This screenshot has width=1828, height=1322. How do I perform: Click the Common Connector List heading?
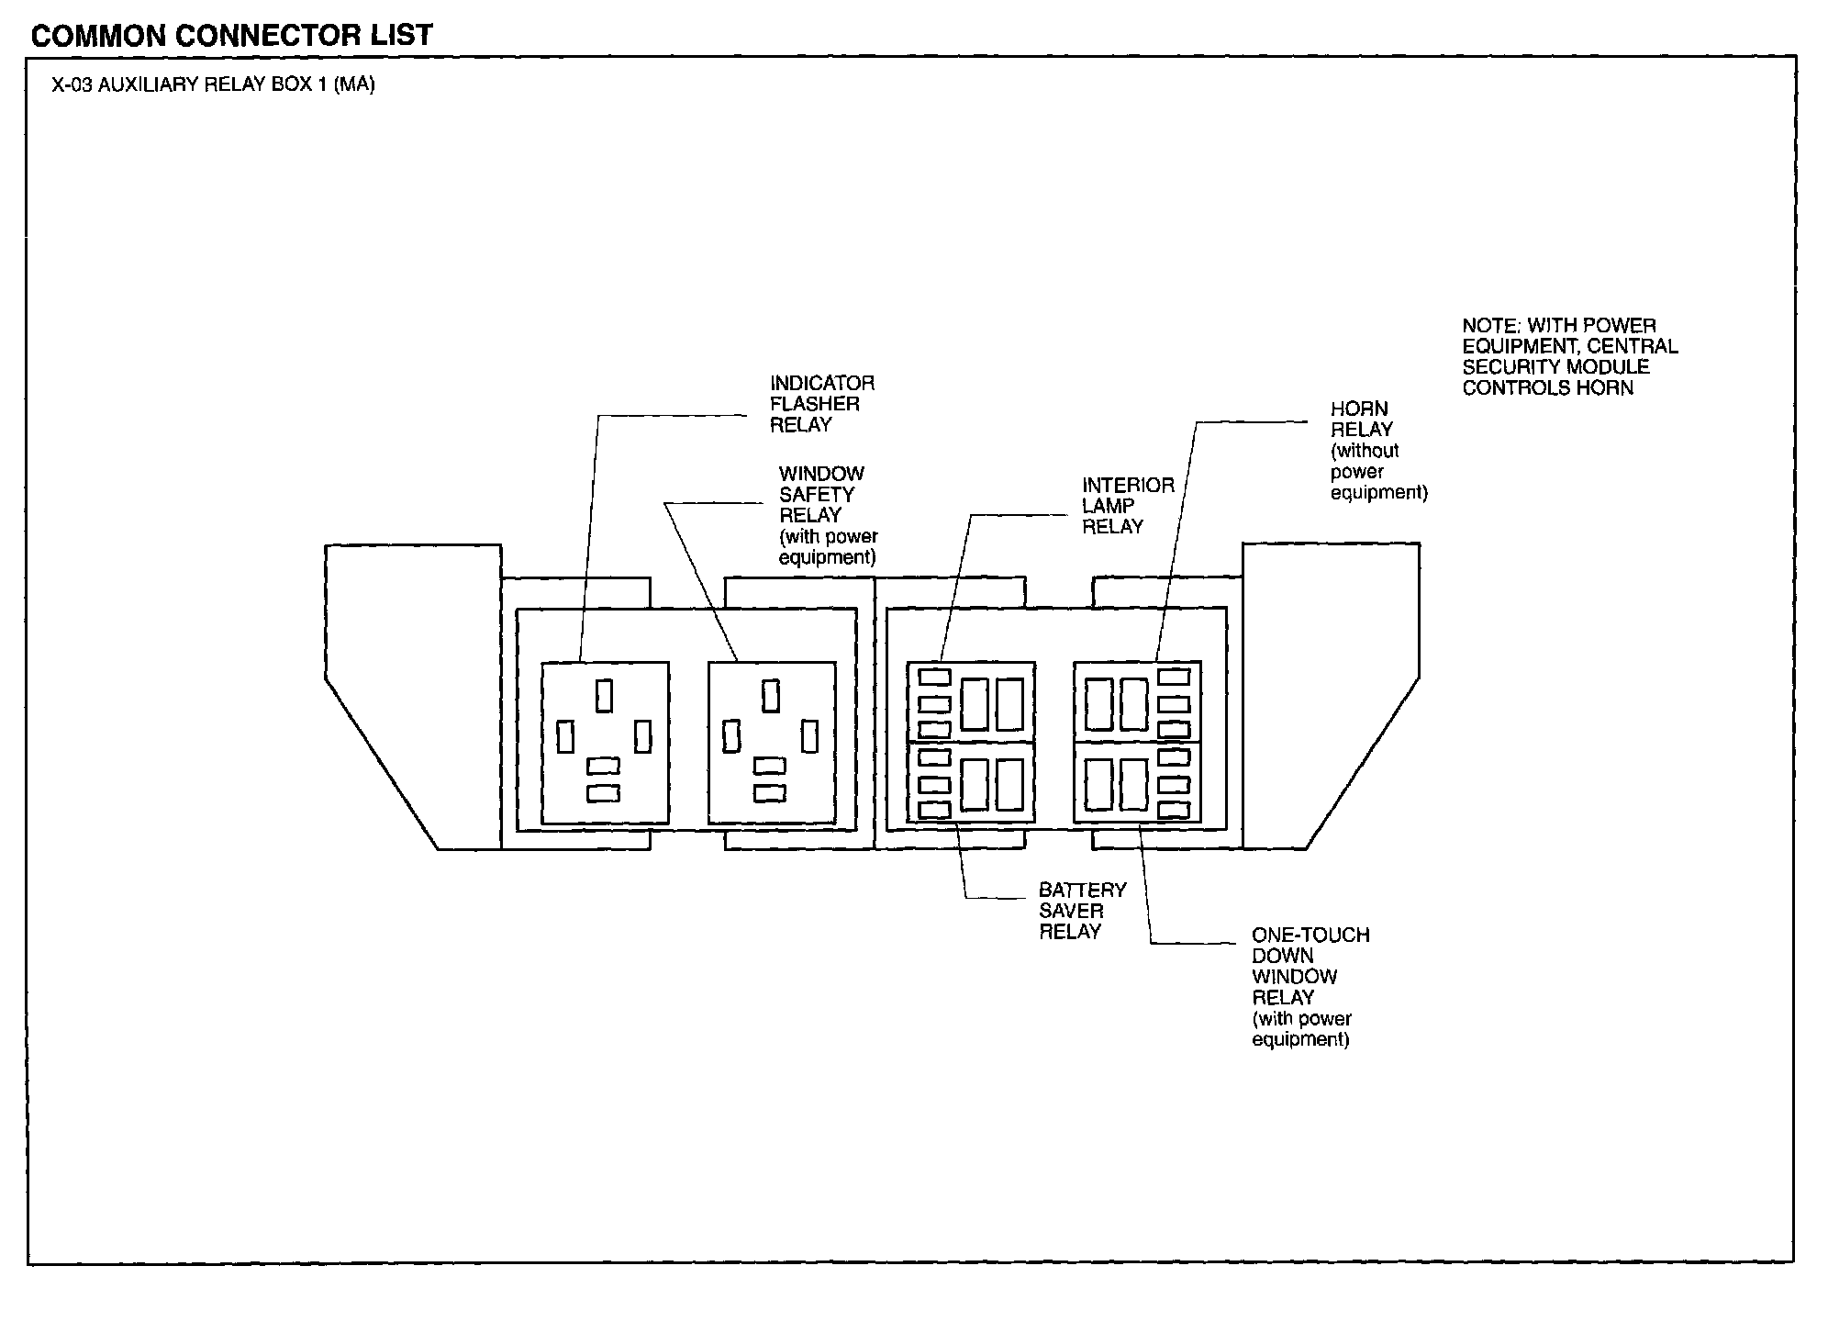pos(231,35)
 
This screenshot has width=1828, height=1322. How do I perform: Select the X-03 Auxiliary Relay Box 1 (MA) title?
pos(213,85)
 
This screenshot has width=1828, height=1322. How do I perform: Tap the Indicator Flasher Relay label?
pos(821,404)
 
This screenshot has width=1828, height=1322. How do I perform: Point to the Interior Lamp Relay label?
pos(1127,506)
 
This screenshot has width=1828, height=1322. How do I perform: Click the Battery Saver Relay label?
pos(1081,911)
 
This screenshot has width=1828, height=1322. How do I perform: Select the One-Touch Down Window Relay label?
pos(1310,987)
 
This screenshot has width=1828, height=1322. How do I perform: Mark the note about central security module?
pos(1569,357)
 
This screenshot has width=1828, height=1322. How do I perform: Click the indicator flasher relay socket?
pos(605,743)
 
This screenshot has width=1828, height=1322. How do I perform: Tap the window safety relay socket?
pos(772,743)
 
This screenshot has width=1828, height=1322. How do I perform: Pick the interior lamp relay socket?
pos(971,702)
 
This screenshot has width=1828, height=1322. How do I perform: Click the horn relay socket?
pos(1137,702)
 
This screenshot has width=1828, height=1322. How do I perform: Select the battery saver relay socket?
pos(971,783)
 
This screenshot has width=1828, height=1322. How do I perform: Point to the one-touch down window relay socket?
pos(1137,783)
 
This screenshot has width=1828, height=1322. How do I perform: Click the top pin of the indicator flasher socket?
pos(604,695)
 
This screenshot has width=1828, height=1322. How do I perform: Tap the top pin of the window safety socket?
pos(771,696)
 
